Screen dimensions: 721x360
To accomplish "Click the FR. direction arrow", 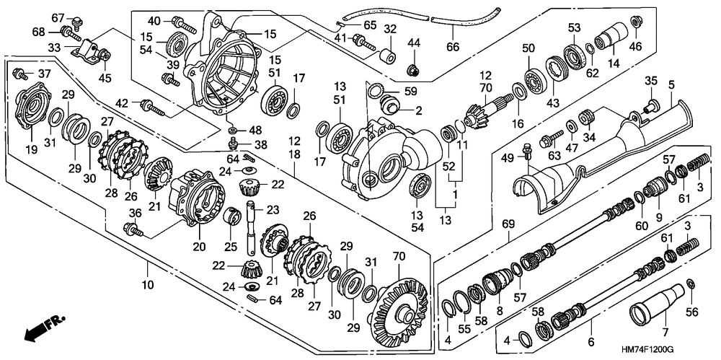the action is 45,329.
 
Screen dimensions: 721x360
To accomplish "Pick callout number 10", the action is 147,285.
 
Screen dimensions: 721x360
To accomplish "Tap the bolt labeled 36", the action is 134,229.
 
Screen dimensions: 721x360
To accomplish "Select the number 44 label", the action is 414,43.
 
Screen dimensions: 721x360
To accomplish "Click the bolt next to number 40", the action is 184,25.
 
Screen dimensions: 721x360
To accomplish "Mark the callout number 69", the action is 508,224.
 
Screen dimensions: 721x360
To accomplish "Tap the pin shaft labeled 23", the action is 252,227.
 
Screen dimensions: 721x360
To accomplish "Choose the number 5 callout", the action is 671,84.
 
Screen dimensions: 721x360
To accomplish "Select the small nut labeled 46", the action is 635,21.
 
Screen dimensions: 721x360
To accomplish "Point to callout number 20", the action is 199,247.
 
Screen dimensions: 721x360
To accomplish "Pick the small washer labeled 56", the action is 690,282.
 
